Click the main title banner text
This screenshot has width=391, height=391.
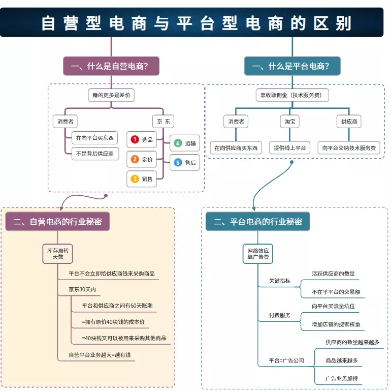[x=195, y=23]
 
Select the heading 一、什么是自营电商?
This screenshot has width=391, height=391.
[x=110, y=66]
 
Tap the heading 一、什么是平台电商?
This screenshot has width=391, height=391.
[x=292, y=66]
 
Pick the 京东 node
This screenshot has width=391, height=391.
[x=163, y=122]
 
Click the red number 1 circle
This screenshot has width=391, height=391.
[x=135, y=139]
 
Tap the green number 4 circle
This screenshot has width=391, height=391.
[x=178, y=143]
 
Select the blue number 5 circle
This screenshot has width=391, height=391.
[x=178, y=163]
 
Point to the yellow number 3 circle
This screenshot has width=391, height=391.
[x=135, y=178]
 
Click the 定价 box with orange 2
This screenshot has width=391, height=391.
[x=142, y=159]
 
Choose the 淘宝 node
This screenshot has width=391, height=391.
[x=289, y=122]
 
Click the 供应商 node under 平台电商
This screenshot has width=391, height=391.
[x=349, y=122]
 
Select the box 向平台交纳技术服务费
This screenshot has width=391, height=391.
[x=349, y=148]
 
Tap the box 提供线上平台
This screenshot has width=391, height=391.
[x=289, y=148]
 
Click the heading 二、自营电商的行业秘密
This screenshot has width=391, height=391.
[x=57, y=222]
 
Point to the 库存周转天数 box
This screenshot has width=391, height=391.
[x=57, y=253]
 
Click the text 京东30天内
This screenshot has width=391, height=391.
[x=82, y=289]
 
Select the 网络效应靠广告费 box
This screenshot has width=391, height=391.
[x=258, y=253]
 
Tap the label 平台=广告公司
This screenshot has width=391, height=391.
[x=286, y=360]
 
